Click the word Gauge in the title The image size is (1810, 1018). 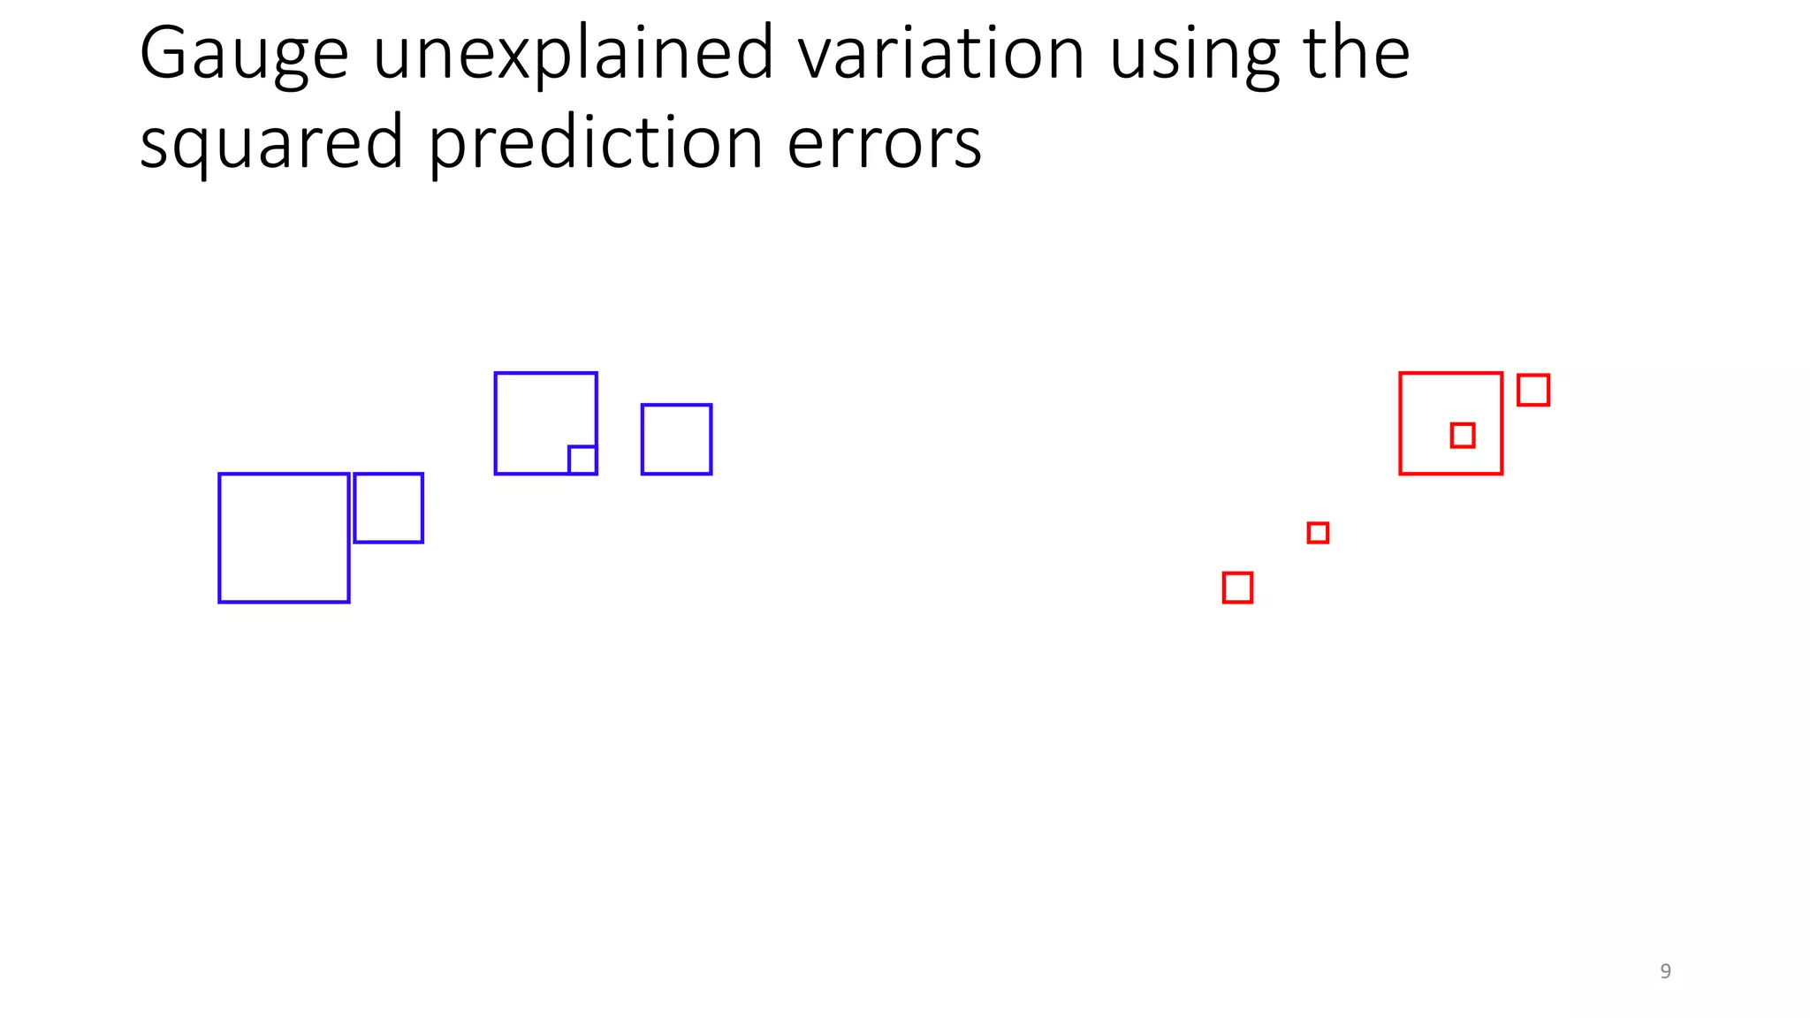pos(244,55)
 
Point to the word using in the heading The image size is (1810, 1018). pos(1194,55)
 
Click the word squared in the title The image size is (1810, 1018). pos(271,144)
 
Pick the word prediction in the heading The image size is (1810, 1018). pos(596,144)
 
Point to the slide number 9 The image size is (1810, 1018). pos(1665,971)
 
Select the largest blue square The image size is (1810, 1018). pos(284,538)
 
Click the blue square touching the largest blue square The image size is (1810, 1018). pos(388,508)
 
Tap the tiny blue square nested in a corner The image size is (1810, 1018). pos(582,460)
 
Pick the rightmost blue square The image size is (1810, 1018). pos(676,439)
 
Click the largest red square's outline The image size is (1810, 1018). pos(1401,424)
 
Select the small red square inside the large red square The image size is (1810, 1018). pos(1463,435)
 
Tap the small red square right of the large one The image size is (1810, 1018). pos(1533,390)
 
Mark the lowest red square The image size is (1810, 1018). pos(1237,588)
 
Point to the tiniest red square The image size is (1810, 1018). pos(1318,533)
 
